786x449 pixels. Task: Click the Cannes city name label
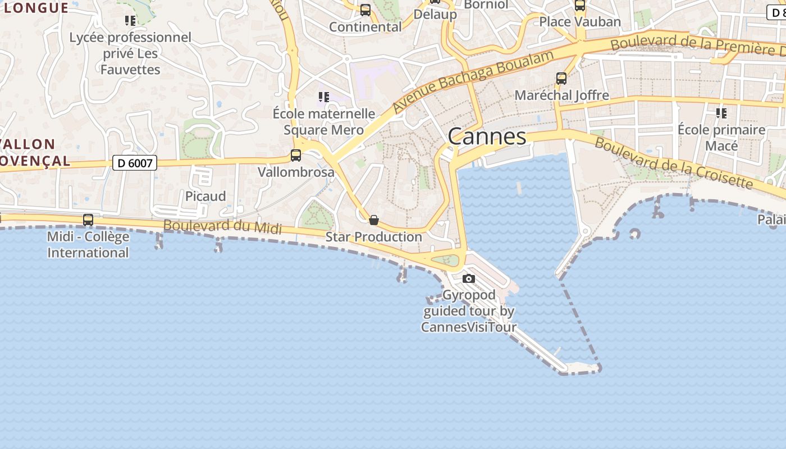tap(487, 136)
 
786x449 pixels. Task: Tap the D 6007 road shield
tap(135, 163)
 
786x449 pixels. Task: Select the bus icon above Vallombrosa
tap(296, 155)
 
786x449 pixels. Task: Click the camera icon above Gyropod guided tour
tap(468, 278)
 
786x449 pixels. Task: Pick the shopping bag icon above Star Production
tap(374, 220)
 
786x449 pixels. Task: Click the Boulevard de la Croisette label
tap(673, 163)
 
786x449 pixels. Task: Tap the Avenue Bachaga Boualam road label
tap(473, 80)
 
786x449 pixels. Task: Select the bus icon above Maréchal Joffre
tap(561, 79)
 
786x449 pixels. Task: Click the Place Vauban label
tap(580, 22)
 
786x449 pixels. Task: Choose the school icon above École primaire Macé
tap(721, 113)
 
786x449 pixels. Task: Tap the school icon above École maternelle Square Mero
tap(323, 97)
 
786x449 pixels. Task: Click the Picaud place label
tap(205, 196)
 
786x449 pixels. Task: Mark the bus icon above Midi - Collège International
tap(88, 220)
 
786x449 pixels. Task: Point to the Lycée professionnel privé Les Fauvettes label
tap(130, 53)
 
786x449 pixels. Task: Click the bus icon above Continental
tap(365, 10)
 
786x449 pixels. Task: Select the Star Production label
tap(374, 237)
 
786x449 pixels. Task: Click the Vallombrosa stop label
tap(296, 172)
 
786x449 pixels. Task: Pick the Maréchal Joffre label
tap(561, 95)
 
